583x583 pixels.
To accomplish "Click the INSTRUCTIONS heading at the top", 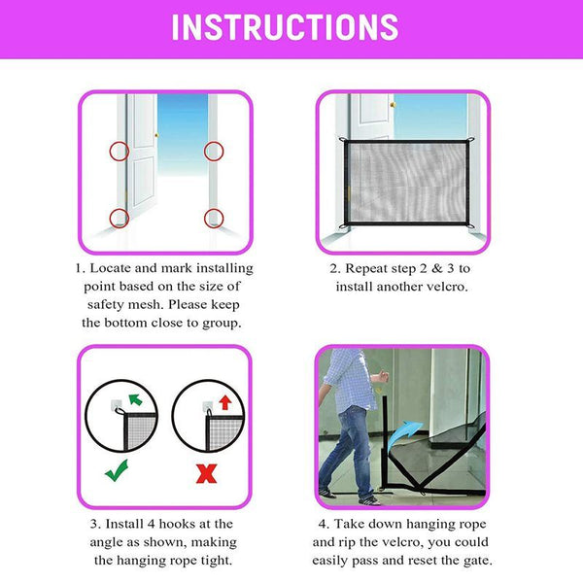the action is (x=285, y=27).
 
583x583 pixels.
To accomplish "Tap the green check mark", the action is (x=117, y=470).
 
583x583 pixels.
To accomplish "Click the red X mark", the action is (x=206, y=474).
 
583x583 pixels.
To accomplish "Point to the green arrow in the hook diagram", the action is (x=135, y=399).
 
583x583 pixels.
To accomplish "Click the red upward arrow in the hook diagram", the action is (x=225, y=402).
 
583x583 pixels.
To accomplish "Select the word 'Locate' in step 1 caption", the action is (x=111, y=268).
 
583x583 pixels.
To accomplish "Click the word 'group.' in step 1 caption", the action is (x=222, y=324).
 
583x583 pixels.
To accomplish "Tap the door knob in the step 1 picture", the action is (x=156, y=135).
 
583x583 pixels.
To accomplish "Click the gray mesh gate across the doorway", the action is (x=406, y=183).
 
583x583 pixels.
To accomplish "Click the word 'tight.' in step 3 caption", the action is (x=217, y=560).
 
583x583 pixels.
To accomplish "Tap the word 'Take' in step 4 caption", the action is (x=348, y=524).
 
